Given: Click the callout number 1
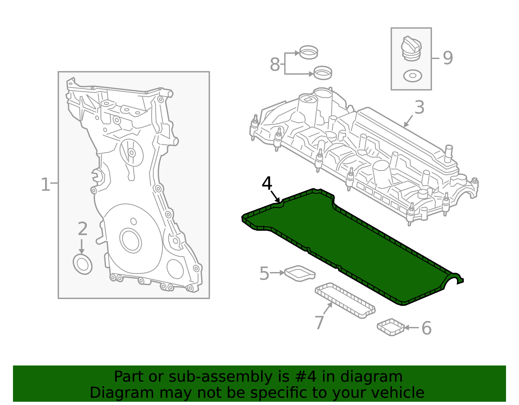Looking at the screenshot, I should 45,185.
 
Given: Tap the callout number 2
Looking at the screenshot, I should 83,229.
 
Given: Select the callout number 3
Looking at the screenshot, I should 419,107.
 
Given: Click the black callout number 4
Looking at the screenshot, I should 267,184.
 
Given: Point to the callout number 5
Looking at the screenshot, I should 264,273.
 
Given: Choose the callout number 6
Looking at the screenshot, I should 426,328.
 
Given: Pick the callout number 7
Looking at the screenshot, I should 319,323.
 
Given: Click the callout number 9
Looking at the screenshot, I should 448,58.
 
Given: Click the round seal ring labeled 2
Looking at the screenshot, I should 83,265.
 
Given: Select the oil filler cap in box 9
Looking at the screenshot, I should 411,49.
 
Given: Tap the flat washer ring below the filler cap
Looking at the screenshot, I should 413,76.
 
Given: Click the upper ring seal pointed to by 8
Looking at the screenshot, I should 308,53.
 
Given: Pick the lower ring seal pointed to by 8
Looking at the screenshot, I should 323,73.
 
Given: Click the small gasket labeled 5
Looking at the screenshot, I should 300,273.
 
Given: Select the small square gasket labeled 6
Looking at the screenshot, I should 391,327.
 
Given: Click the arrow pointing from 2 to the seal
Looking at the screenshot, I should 81,246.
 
